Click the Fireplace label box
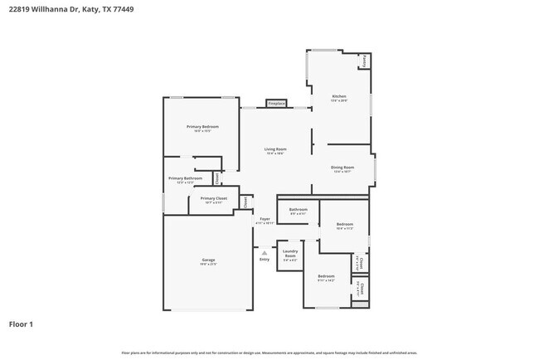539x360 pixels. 276,104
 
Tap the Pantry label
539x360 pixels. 365,61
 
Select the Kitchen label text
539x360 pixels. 339,96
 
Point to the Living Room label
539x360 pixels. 275,149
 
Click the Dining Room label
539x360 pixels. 342,168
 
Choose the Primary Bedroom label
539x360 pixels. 202,126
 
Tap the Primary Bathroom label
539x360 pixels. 185,178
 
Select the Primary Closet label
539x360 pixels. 213,198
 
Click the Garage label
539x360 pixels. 208,260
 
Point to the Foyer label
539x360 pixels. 265,219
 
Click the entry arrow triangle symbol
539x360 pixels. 265,253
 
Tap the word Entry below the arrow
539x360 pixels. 265,260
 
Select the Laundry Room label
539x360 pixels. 290,252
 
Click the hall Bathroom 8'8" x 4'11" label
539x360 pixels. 298,210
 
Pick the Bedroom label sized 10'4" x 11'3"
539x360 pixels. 345,224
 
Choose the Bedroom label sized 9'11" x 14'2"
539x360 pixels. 326,276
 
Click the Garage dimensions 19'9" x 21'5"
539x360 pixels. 208,264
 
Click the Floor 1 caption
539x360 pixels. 21,324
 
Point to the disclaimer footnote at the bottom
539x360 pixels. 269,353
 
